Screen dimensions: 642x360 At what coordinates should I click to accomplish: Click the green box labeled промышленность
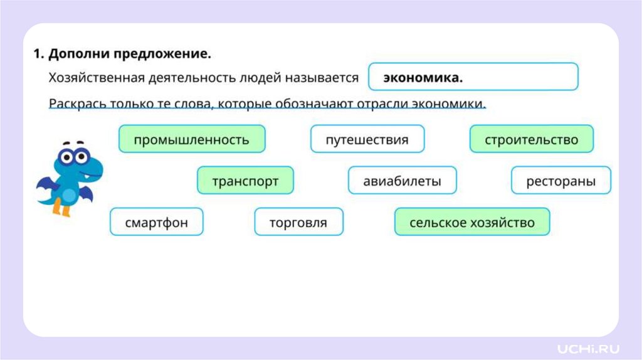[x=192, y=139]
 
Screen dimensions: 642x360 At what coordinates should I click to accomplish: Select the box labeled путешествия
[x=367, y=139]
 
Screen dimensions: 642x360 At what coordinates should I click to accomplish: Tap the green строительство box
[x=531, y=139]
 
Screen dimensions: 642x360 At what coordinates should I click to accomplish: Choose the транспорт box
[x=245, y=181]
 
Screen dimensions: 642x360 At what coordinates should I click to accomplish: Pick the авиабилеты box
[x=402, y=181]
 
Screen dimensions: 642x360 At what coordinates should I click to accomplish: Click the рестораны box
[x=560, y=181]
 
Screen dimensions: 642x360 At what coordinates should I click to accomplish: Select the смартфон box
[x=156, y=222]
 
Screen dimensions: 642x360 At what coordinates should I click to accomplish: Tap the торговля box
[x=298, y=222]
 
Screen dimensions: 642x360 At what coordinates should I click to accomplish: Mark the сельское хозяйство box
[x=471, y=222]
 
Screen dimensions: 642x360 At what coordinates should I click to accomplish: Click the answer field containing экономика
[x=473, y=77]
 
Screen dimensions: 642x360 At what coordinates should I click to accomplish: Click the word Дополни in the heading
[x=78, y=54]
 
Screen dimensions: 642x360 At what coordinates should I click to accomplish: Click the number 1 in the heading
[x=37, y=54]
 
